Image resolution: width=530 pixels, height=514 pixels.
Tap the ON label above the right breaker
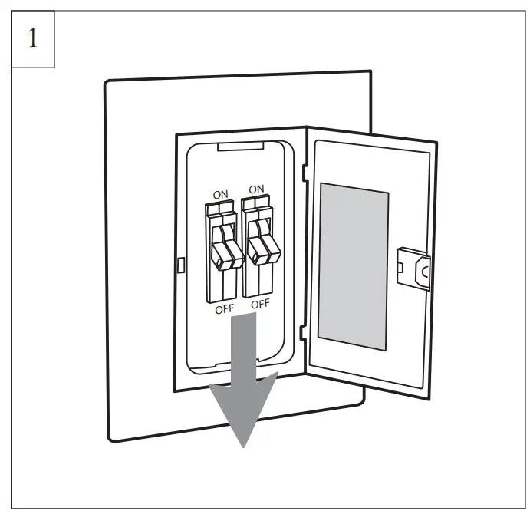(256, 189)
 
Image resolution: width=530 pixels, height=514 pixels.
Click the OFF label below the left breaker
(225, 308)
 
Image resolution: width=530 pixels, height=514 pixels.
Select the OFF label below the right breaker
(261, 303)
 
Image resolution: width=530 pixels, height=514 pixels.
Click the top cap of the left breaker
(219, 207)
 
